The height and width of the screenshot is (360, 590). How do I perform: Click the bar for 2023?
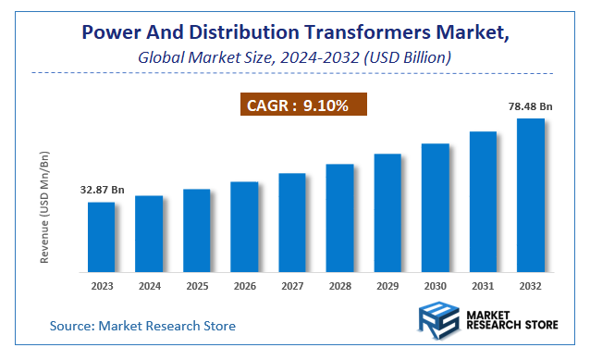pyautogui.click(x=102, y=236)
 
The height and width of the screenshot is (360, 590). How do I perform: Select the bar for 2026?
pyautogui.click(x=244, y=226)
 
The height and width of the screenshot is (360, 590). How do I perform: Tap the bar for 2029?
pyautogui.click(x=387, y=212)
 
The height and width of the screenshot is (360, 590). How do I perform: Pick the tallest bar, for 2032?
pyautogui.click(x=530, y=194)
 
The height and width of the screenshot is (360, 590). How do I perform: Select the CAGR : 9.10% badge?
pyautogui.click(x=306, y=106)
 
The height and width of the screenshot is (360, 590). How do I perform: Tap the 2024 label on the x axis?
pyautogui.click(x=149, y=286)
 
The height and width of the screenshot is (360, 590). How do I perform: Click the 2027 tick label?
pyautogui.click(x=292, y=286)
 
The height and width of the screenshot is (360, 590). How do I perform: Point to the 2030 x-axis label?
pyautogui.click(x=435, y=286)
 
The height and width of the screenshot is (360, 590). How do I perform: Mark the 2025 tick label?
pyautogui.click(x=196, y=286)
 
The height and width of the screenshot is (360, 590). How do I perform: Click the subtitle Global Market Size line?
pyautogui.click(x=294, y=57)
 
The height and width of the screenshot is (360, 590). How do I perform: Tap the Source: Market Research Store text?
pyautogui.click(x=142, y=326)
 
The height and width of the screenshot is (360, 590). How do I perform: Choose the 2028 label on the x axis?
pyautogui.click(x=339, y=286)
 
